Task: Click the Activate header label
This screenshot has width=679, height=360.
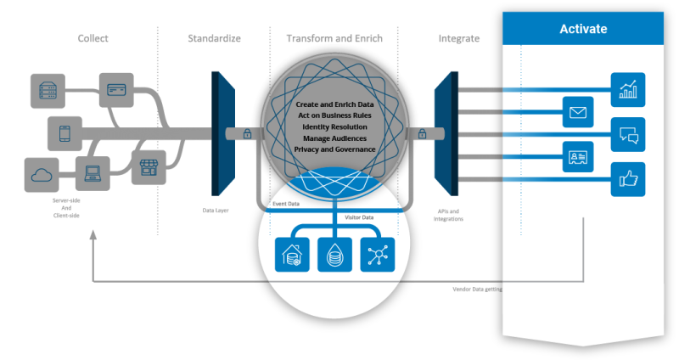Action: coord(583,29)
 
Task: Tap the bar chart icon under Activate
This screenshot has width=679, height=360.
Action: coord(628,89)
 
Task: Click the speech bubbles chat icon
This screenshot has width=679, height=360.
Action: coord(628,134)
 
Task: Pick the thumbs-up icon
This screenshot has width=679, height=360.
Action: coord(628,178)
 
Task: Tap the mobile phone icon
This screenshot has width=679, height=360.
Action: coord(64,132)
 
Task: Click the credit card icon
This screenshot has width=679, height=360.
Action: coord(115,88)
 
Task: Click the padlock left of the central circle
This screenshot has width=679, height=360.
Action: coord(247,133)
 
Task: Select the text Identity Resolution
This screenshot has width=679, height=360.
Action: coord(335,127)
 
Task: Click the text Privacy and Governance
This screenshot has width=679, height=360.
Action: coord(335,149)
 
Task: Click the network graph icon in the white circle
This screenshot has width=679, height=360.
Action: coord(378,254)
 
